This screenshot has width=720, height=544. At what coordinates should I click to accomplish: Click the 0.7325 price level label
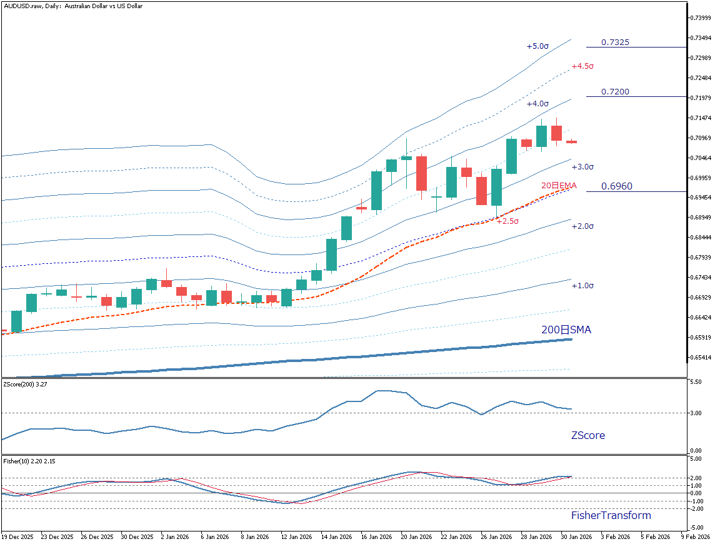tap(615, 43)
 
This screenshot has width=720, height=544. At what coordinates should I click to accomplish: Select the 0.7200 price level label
tap(615, 92)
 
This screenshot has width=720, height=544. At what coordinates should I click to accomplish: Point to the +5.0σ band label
tap(537, 46)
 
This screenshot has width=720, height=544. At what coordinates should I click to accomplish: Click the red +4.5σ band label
tap(582, 66)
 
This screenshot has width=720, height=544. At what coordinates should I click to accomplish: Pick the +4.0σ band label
tap(537, 104)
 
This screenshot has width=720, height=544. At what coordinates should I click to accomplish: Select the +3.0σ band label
tap(582, 167)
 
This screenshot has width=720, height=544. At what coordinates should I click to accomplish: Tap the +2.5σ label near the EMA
tap(507, 221)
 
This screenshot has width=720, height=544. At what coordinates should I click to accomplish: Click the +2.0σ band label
tap(582, 226)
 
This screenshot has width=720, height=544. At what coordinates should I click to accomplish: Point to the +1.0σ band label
tap(582, 286)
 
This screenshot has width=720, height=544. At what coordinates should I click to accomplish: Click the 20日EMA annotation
tap(559, 186)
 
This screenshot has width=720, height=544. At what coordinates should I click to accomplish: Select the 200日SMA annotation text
tap(566, 330)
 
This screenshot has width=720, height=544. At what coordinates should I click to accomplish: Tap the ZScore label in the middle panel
tap(587, 435)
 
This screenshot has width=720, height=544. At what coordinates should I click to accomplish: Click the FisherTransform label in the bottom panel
tap(611, 515)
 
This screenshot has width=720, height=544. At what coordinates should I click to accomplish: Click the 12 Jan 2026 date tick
tap(296, 536)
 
